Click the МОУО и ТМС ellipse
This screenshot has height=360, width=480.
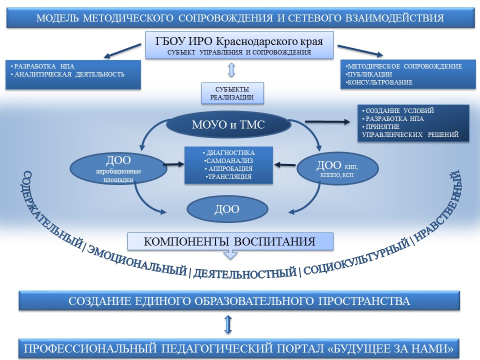[228, 125]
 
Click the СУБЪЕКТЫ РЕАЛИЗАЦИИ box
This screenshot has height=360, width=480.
[231, 93]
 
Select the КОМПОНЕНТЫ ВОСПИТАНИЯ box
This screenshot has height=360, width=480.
[230, 241]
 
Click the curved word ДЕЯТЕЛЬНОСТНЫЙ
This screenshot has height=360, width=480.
[244, 273]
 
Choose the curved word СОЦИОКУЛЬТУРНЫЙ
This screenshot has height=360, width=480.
[354, 258]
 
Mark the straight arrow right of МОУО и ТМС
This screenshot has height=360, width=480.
[325, 121]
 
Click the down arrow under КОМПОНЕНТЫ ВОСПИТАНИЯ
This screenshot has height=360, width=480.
[229, 254]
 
